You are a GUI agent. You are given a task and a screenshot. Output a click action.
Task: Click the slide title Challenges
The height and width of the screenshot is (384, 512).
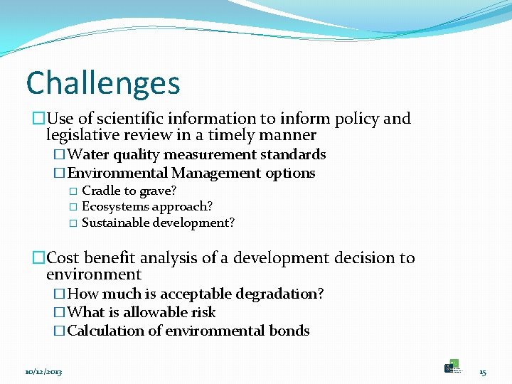tap(103, 84)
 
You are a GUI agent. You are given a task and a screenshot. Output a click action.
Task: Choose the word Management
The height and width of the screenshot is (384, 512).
tap(216, 174)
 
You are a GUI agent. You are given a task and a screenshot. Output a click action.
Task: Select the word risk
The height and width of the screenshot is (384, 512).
tap(203, 313)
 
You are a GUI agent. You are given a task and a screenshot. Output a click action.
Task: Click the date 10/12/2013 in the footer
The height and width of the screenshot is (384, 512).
tap(43, 372)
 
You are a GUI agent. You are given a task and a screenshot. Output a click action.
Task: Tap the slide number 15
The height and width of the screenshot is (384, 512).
tap(482, 372)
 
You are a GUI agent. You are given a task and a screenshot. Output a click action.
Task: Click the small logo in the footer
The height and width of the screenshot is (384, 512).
tap(452, 366)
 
